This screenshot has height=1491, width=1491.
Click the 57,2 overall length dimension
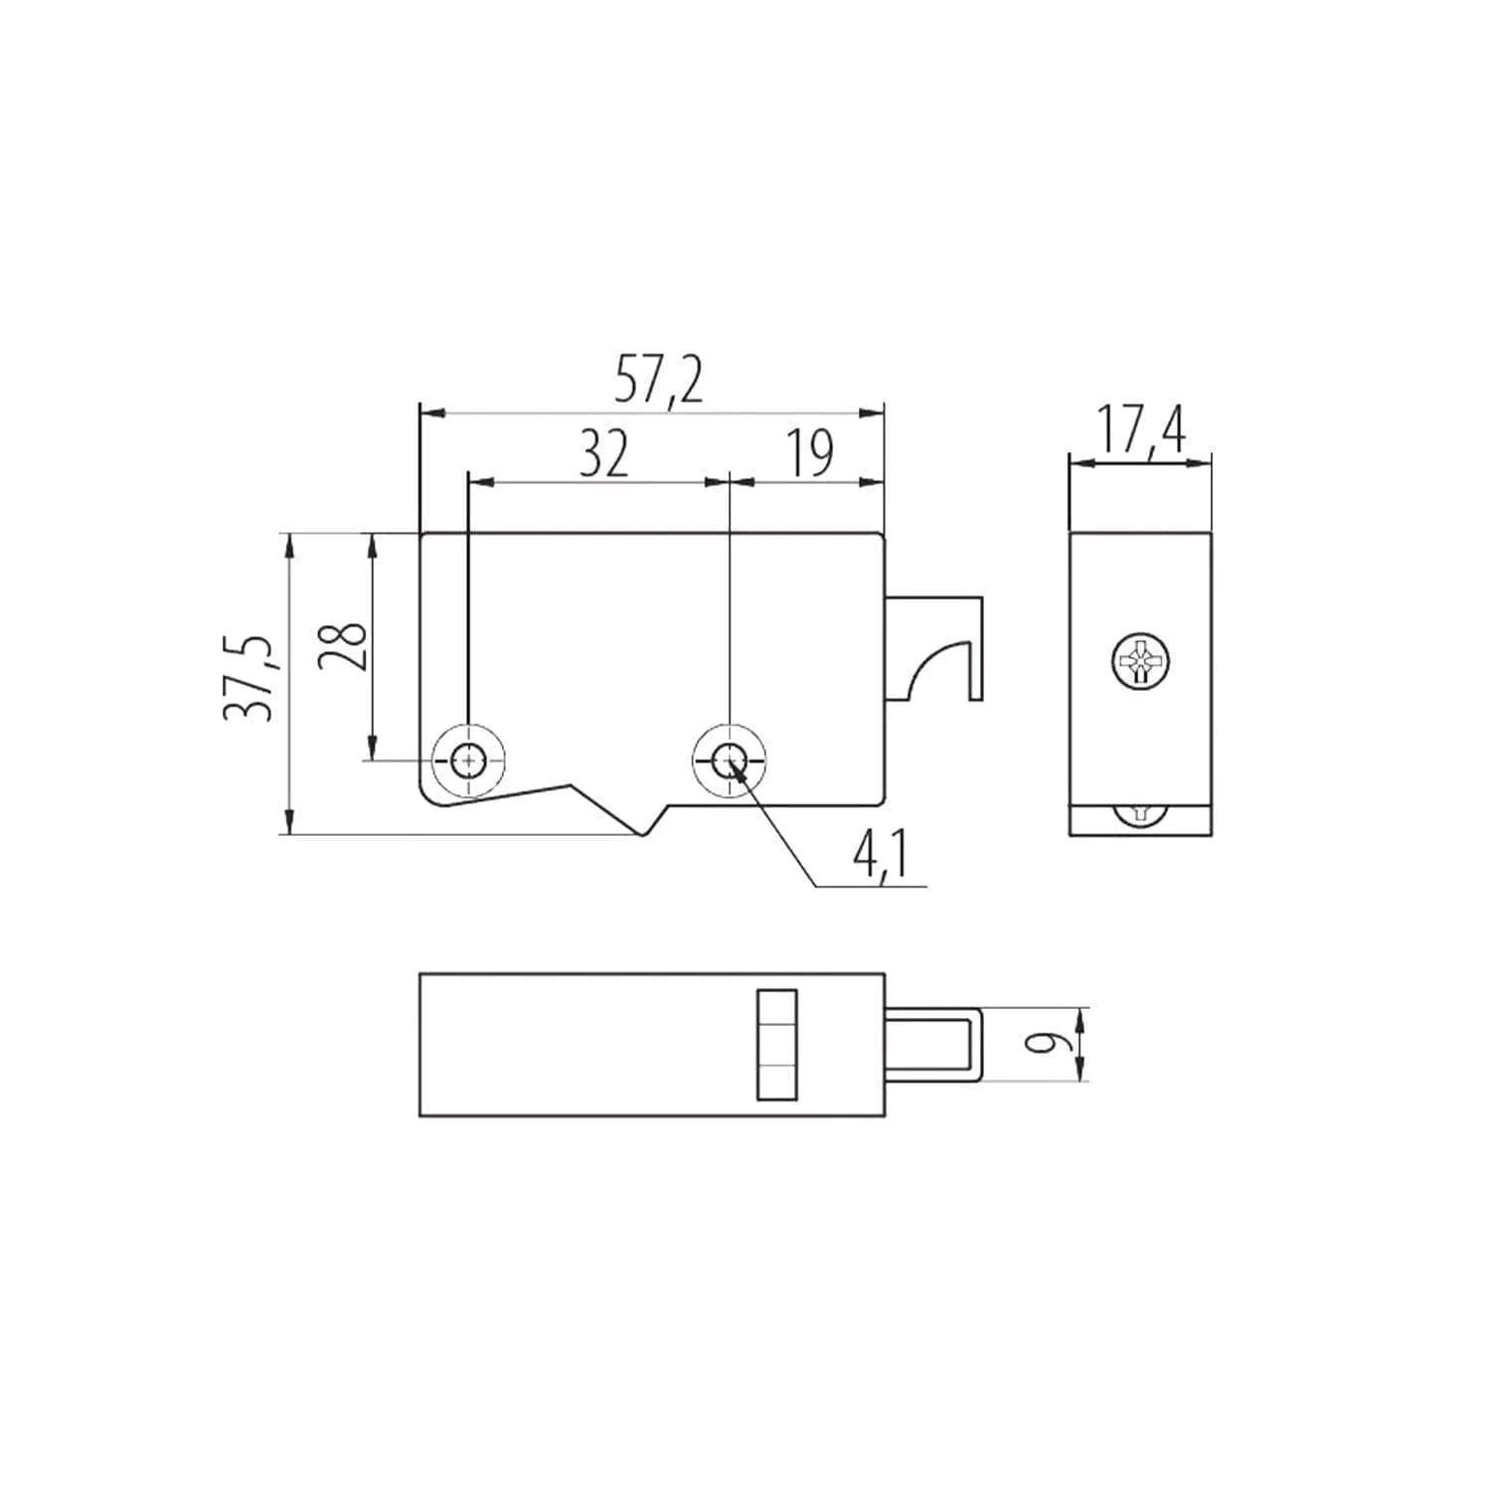pyautogui.click(x=658, y=381)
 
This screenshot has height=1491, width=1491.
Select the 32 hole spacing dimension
pyautogui.click(x=604, y=454)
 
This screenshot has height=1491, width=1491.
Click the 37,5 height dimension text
pyautogui.click(x=248, y=677)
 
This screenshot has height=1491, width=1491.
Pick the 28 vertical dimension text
pyautogui.click(x=343, y=647)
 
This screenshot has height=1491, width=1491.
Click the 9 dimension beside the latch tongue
pyautogui.click(x=1042, y=1043)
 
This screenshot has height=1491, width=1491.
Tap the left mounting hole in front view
pyautogui.click(x=467, y=761)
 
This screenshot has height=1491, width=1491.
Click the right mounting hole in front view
pyautogui.click(x=730, y=761)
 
